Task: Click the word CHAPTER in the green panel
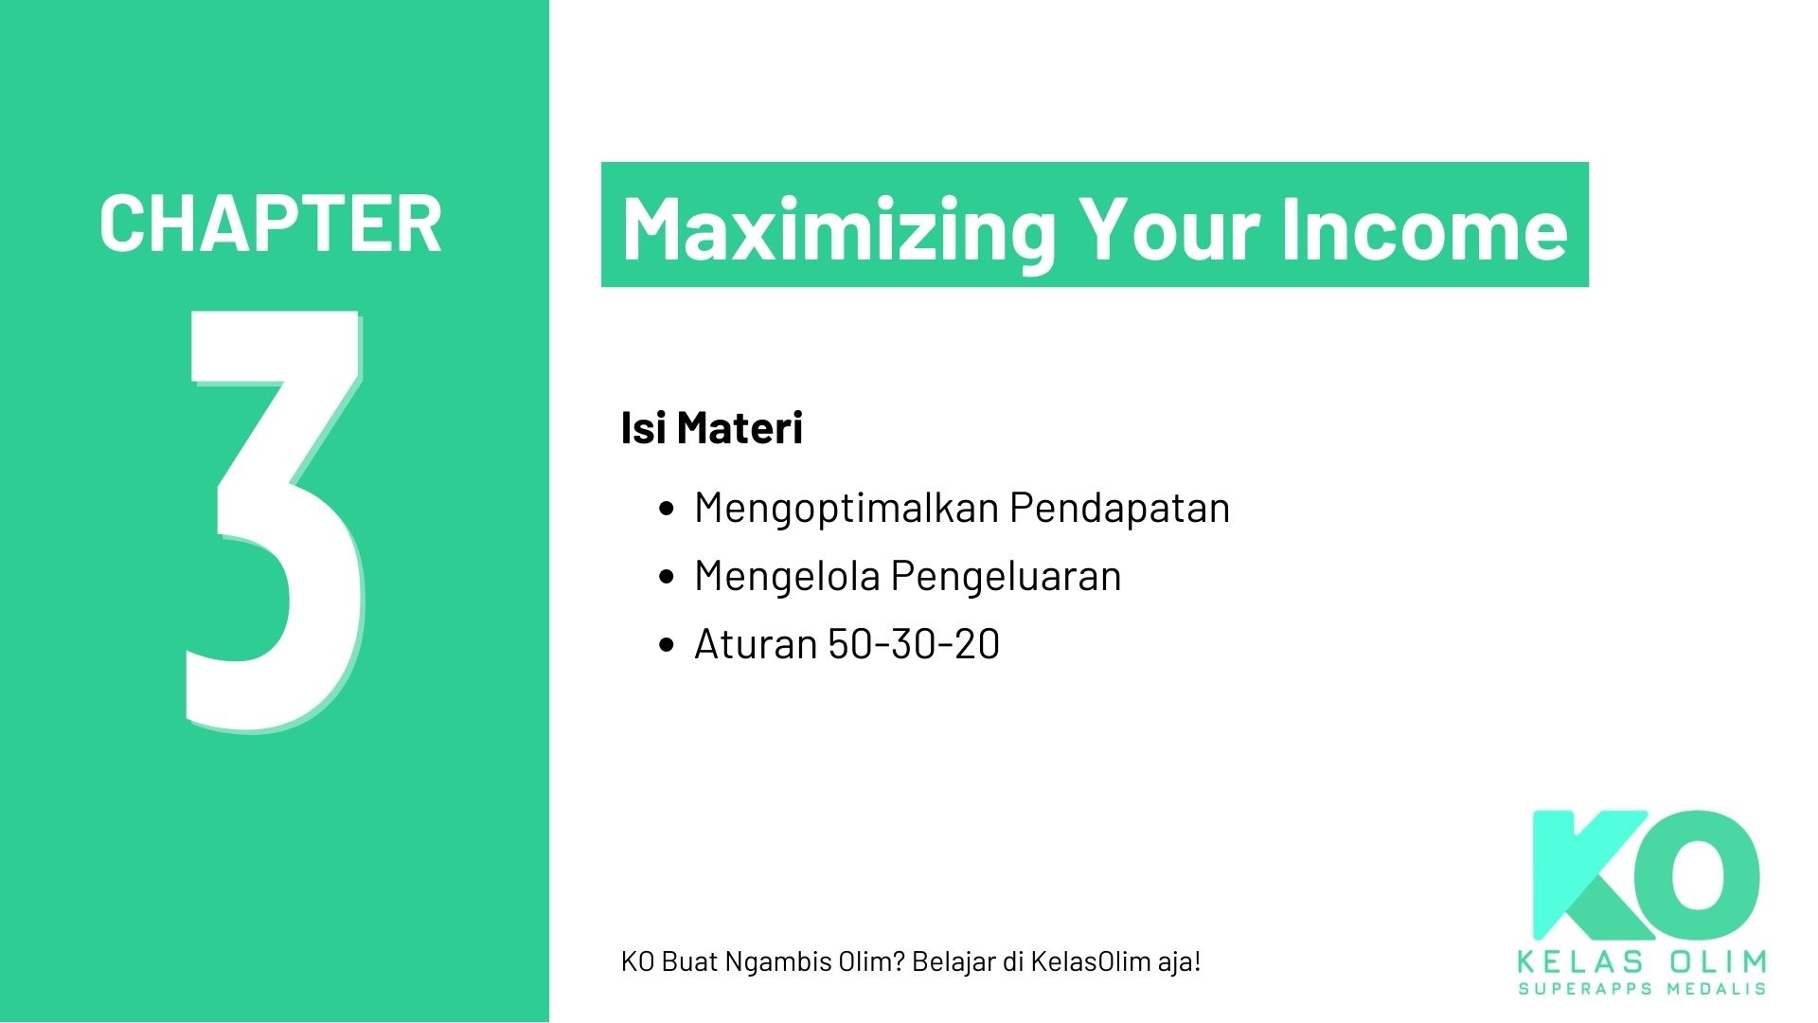pos(271,224)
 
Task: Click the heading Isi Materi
pos(711,427)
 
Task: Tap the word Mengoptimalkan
pos(846,509)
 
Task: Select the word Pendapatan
pos(1119,507)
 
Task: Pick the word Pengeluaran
pos(1006,577)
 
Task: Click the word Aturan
pos(756,644)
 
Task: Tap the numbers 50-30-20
pos(914,644)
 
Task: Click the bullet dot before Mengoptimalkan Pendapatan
pos(666,509)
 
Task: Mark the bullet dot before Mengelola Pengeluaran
pos(666,577)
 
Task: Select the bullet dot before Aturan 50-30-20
pos(666,645)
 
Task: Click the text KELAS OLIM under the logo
pos(1642,962)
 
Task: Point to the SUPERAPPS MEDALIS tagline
pos(1642,989)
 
